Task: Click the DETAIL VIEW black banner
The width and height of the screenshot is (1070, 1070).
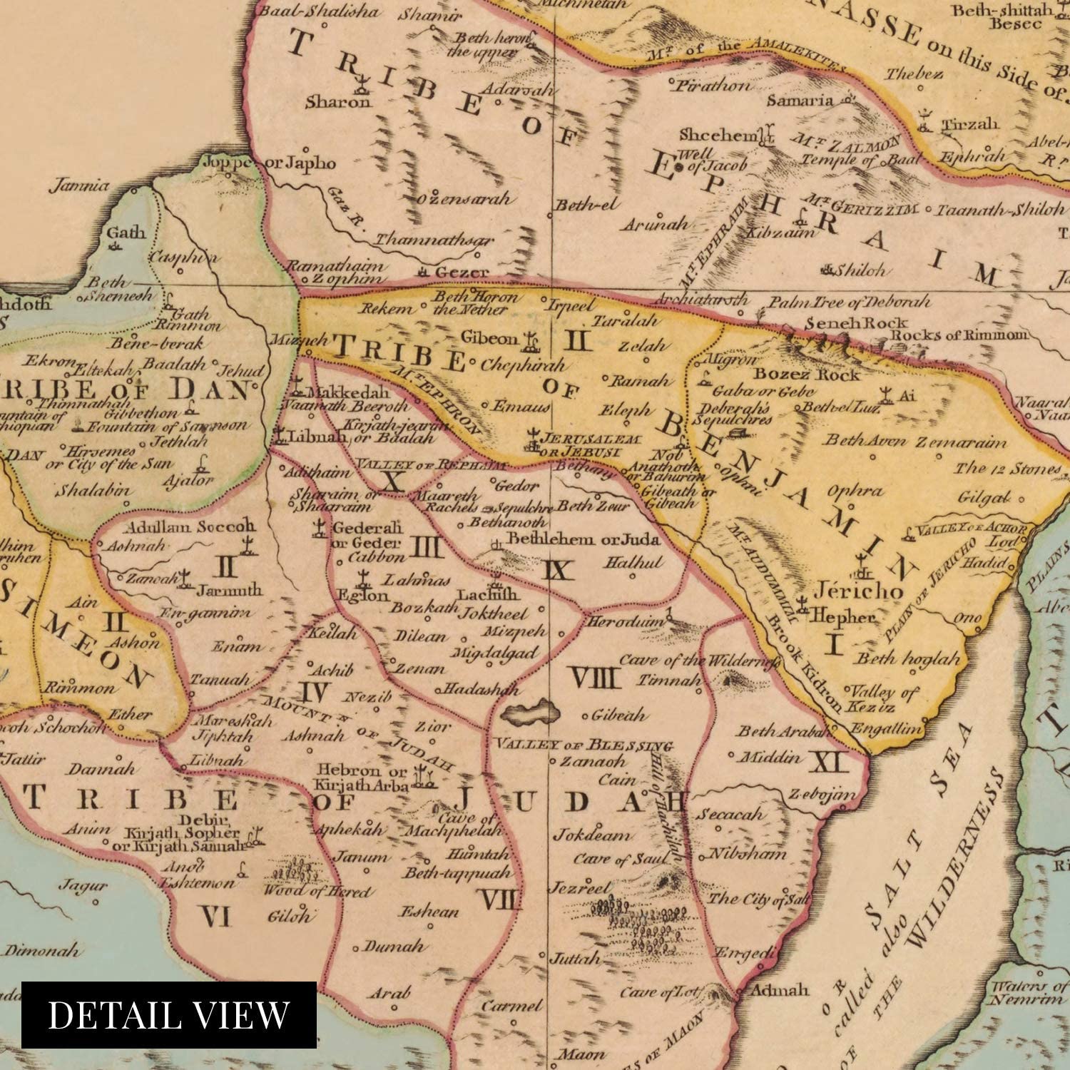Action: pyautogui.click(x=169, y=1014)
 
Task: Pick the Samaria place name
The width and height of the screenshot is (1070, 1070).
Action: pyautogui.click(x=800, y=101)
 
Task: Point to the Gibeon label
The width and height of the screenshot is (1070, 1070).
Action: pyautogui.click(x=489, y=338)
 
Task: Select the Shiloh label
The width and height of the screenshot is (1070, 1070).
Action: pyautogui.click(x=862, y=270)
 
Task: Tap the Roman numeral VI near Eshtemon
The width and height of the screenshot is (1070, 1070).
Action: pyautogui.click(x=215, y=916)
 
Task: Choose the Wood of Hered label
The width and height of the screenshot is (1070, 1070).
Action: pyautogui.click(x=316, y=891)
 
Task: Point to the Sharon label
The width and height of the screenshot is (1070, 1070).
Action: pyautogui.click(x=338, y=101)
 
